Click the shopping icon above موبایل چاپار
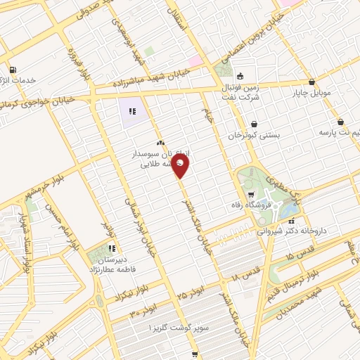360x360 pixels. [x=312, y=82]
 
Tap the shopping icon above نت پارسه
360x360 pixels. [x=341, y=121]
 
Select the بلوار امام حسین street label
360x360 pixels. [x=62, y=225]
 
